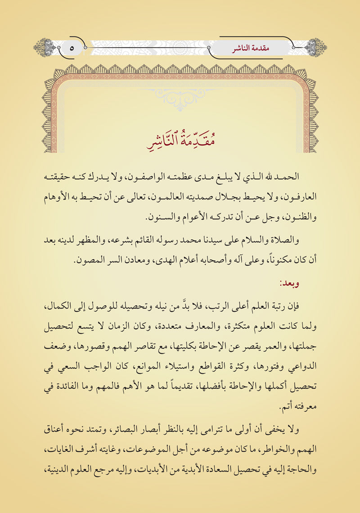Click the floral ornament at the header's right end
316,47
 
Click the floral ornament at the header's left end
44,47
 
